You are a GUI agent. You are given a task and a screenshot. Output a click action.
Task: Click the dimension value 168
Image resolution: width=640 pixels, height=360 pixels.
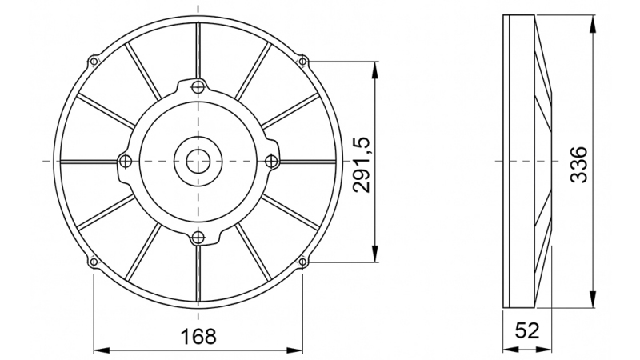click(x=198, y=336)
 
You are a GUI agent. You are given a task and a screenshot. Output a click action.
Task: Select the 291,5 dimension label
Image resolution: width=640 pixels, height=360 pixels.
click(x=362, y=163)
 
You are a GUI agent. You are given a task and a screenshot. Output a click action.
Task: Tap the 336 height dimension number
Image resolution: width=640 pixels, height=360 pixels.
click(x=578, y=163)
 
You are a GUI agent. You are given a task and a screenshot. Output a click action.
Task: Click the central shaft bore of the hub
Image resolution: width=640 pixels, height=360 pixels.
click(x=198, y=161)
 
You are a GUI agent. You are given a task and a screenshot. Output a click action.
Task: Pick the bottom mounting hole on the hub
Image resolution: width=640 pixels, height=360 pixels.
click(x=198, y=236)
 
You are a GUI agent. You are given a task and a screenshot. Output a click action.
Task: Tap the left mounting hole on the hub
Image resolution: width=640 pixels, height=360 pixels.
click(x=123, y=161)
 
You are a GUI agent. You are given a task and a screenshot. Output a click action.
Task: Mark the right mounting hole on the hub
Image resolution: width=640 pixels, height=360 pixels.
click(x=272, y=161)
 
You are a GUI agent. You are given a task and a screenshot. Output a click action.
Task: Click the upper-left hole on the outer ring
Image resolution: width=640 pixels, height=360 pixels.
click(x=94, y=61)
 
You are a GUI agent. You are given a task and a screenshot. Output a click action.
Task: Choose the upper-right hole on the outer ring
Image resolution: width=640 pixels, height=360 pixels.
click(x=302, y=61)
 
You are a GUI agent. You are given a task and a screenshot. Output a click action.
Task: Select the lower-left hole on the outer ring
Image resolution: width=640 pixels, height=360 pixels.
click(x=94, y=261)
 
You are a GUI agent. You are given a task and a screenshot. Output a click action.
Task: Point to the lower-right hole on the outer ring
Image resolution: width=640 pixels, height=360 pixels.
click(x=302, y=261)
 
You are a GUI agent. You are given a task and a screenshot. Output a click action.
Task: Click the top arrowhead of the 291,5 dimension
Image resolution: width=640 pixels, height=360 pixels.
click(x=374, y=66)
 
